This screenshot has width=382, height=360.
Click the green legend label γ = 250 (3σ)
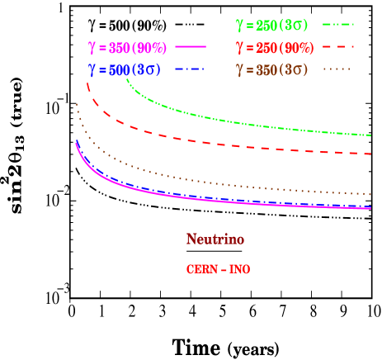(271, 26)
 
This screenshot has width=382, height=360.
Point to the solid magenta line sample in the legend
(189, 47)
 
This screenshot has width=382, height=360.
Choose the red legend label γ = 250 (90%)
(272, 47)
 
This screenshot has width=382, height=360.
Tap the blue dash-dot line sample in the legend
(189, 70)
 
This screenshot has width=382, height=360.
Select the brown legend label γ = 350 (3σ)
(272, 70)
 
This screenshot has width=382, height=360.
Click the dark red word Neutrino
(215, 239)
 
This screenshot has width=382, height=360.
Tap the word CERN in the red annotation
(200, 269)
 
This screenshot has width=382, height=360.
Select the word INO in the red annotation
(239, 269)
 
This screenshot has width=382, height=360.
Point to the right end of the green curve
(370, 135)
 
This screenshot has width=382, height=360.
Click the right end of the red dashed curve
(370, 154)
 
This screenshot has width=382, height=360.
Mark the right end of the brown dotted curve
(370, 195)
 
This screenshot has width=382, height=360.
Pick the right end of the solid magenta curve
(370, 209)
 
